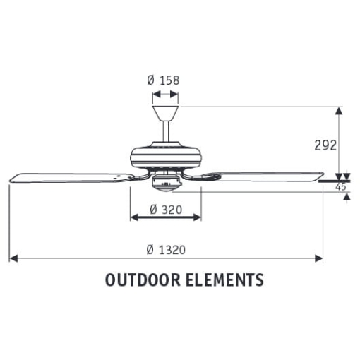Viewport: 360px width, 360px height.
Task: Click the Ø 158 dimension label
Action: (x=164, y=80)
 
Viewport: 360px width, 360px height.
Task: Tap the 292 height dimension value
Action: (x=325, y=145)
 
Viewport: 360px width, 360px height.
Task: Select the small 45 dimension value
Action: (x=340, y=187)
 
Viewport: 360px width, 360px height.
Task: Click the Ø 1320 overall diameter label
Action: (x=166, y=250)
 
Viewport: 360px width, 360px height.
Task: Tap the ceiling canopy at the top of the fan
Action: (x=165, y=112)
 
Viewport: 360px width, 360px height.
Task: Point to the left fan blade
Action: (x=67, y=177)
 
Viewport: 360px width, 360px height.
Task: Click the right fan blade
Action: (x=265, y=176)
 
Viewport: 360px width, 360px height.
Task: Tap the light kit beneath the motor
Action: (x=165, y=183)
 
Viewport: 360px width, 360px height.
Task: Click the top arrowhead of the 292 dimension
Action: (x=340, y=111)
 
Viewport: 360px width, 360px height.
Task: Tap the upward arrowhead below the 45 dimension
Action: (x=345, y=198)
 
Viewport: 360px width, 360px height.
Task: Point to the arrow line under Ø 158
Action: (x=165, y=92)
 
